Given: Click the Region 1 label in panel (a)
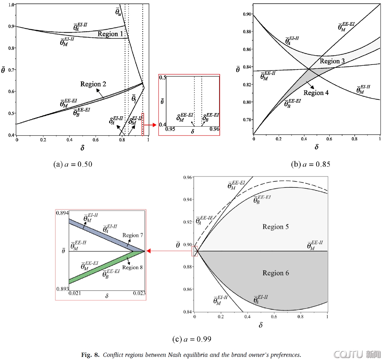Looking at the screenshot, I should point(110,34).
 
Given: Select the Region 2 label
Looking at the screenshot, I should point(93,84).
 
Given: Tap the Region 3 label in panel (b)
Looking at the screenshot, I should point(332,61).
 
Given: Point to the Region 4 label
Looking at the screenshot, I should point(316,93).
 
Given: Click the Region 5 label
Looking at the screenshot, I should point(275,227).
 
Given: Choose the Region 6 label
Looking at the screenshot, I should point(275,273).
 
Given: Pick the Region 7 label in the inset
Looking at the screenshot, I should point(132,235).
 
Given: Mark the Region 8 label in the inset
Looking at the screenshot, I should point(132,267).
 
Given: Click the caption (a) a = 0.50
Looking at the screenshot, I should point(73,164).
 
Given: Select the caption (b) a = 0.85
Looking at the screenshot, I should point(310,164).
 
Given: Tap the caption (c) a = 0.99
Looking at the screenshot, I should point(192,339).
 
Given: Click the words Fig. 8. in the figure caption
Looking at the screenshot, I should point(90,355).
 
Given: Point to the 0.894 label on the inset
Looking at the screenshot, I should point(62,213).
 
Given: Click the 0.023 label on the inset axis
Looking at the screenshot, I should point(139,293).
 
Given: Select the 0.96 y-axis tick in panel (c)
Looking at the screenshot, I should point(187,177).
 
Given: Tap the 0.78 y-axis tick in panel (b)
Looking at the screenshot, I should point(247,120).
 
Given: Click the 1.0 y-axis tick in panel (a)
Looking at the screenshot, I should point(11,5).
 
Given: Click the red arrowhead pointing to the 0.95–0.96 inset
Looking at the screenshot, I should point(154,125).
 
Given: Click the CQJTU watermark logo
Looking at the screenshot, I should point(357,354).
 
